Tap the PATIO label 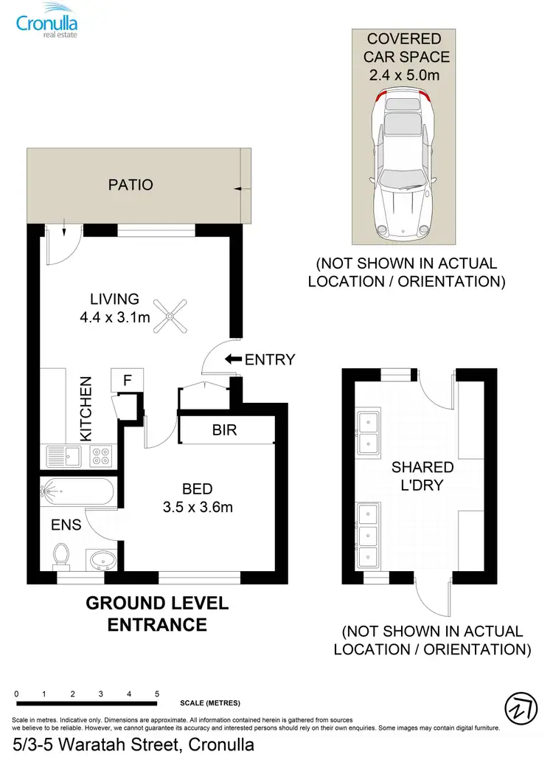point(131,184)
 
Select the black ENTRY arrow point(233,360)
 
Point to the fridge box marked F point(127,381)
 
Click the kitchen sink point(63,456)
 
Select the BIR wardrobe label point(224,429)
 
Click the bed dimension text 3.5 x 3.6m point(198,507)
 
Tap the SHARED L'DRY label point(422,477)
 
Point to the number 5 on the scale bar point(157,694)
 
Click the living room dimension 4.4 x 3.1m point(115,318)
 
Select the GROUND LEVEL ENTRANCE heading point(157,613)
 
